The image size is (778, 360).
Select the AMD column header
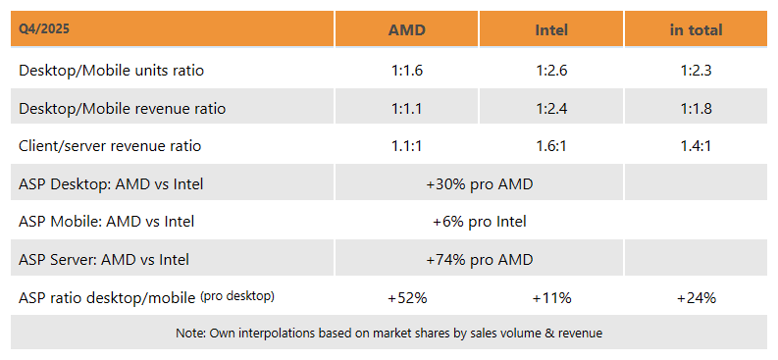[406, 29]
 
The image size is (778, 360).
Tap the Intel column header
[551, 29]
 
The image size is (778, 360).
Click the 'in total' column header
[696, 29]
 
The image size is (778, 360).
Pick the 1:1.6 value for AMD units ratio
[406, 71]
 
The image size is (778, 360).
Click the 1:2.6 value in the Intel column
[551, 71]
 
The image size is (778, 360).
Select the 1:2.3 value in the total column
[696, 71]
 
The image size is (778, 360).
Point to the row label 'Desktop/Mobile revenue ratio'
[122, 109]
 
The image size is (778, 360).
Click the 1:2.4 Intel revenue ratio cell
[551, 109]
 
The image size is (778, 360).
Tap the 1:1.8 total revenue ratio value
[696, 109]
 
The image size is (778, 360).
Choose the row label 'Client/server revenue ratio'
[110, 146]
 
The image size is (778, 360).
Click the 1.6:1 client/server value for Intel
[551, 146]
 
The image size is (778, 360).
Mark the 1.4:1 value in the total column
[696, 146]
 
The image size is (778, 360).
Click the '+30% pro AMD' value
[479, 183]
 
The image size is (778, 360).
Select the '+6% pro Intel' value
[479, 222]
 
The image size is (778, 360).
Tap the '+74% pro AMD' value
[479, 260]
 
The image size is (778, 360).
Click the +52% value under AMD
[406, 297]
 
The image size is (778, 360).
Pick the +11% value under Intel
[551, 297]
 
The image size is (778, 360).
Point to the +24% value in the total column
[696, 297]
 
